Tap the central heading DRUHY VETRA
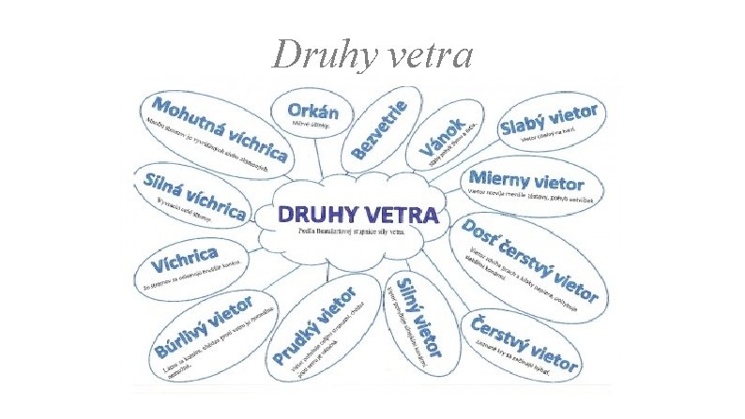click(x=357, y=215)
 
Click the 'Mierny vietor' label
click(x=525, y=179)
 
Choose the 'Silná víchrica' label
click(x=192, y=191)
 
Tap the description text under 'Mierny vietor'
click(x=535, y=194)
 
